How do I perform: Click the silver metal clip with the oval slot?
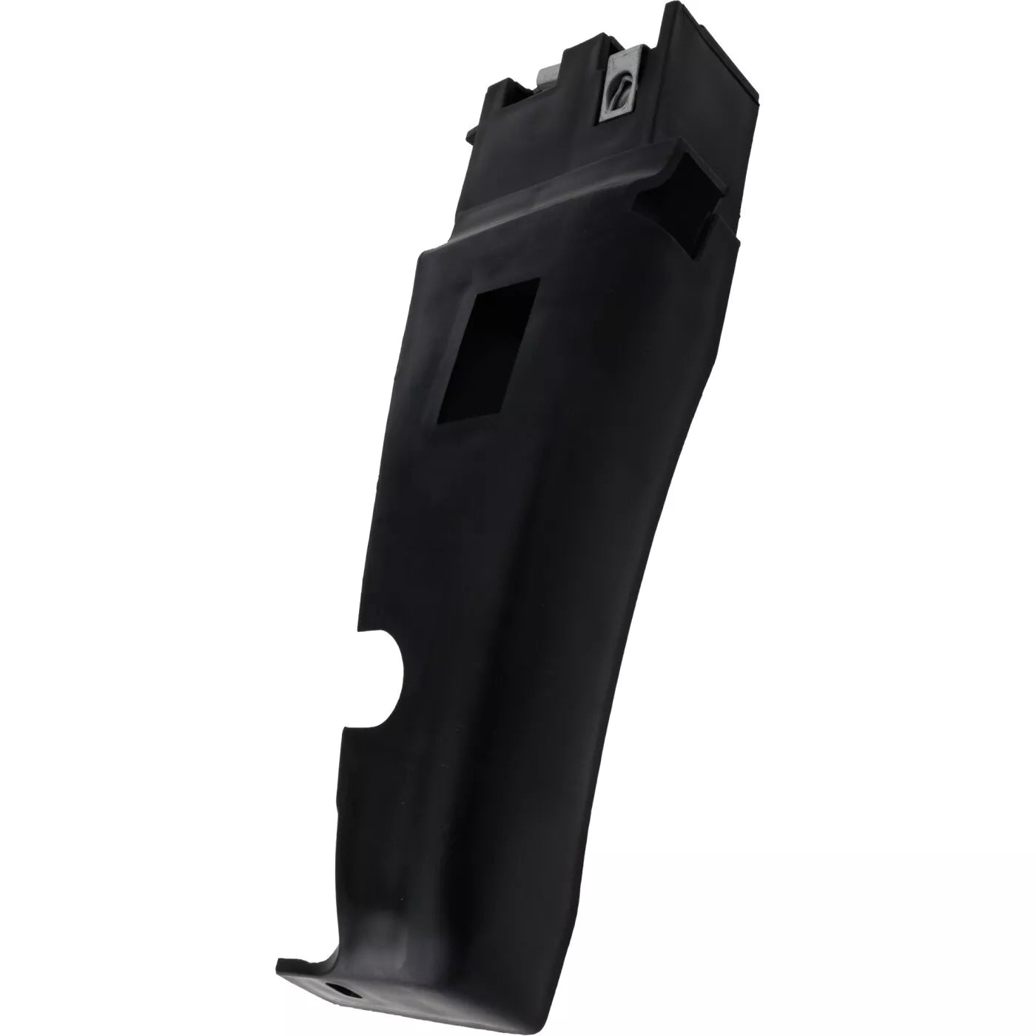[618, 89]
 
